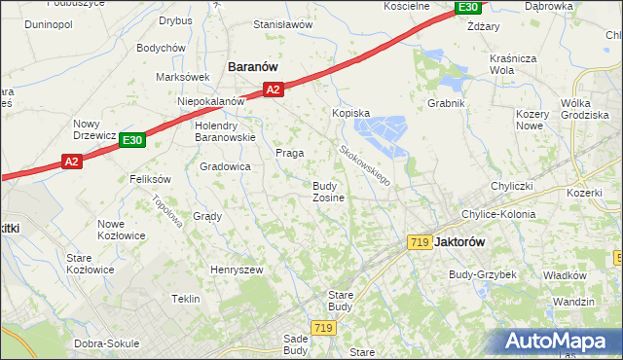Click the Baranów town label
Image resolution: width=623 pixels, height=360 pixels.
tap(253, 66)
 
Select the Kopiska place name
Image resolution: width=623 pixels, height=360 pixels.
tap(351, 113)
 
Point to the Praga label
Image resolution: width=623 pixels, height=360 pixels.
tap(289, 153)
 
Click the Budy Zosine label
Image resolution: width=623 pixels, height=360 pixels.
tap(327, 192)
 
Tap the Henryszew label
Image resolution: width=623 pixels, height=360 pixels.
tap(238, 270)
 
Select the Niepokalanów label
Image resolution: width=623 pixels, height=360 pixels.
tap(210, 101)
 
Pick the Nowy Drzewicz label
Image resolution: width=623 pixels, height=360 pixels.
tap(95, 129)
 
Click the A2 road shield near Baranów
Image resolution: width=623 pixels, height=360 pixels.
tap(273, 90)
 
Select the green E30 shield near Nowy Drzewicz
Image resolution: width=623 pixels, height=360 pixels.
tap(132, 141)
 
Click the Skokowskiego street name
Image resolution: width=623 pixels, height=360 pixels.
tap(365, 165)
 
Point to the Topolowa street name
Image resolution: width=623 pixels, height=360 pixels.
tap(168, 210)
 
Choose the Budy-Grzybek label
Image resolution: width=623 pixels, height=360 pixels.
tap(482, 274)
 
